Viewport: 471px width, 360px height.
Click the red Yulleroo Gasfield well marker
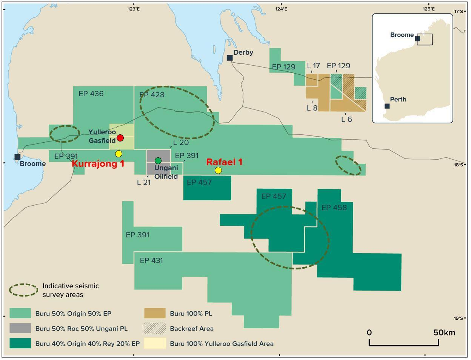point(120,138)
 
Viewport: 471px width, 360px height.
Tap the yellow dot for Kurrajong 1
point(119,154)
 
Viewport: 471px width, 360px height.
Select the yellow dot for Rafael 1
point(218,171)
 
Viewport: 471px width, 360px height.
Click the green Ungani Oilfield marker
point(158,161)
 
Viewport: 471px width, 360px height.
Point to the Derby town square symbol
point(229,58)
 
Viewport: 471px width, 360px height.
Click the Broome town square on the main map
point(17,157)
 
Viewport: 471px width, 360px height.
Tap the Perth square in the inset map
point(387,106)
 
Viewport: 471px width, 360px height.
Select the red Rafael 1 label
point(224,162)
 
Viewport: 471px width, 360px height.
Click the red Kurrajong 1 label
point(98,164)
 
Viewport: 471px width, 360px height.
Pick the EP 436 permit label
point(91,94)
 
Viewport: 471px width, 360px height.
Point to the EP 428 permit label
point(152,95)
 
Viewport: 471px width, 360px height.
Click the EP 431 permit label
point(151,260)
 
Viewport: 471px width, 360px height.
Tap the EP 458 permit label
point(334,208)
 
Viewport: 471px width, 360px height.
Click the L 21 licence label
point(143,182)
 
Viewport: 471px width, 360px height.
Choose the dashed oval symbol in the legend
point(23,290)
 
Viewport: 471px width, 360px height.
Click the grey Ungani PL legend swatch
point(20,328)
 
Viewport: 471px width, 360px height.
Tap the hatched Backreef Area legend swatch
point(155,328)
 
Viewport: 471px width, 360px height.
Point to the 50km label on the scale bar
point(444,332)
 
